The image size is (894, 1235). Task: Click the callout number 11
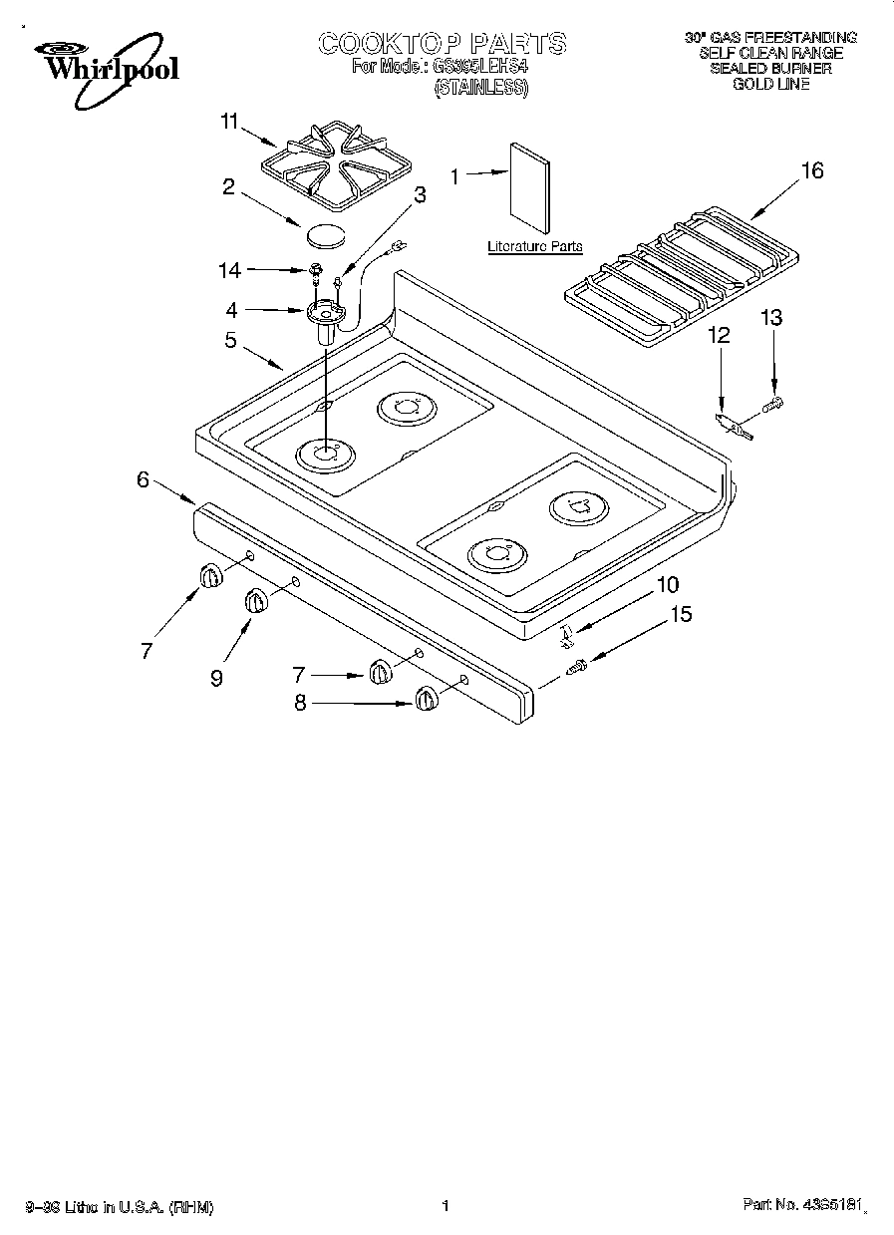pyautogui.click(x=229, y=123)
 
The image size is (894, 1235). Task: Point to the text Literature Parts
pyautogui.click(x=534, y=246)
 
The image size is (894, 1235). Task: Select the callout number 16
pyautogui.click(x=812, y=170)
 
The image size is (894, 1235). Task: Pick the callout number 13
pyautogui.click(x=771, y=318)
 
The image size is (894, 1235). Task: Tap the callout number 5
pyautogui.click(x=230, y=341)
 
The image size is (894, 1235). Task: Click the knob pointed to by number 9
pyautogui.click(x=256, y=602)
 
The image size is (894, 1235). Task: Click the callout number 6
pyautogui.click(x=143, y=479)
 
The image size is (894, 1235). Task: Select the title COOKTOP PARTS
pyautogui.click(x=443, y=43)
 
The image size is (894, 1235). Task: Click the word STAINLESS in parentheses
pyautogui.click(x=481, y=87)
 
